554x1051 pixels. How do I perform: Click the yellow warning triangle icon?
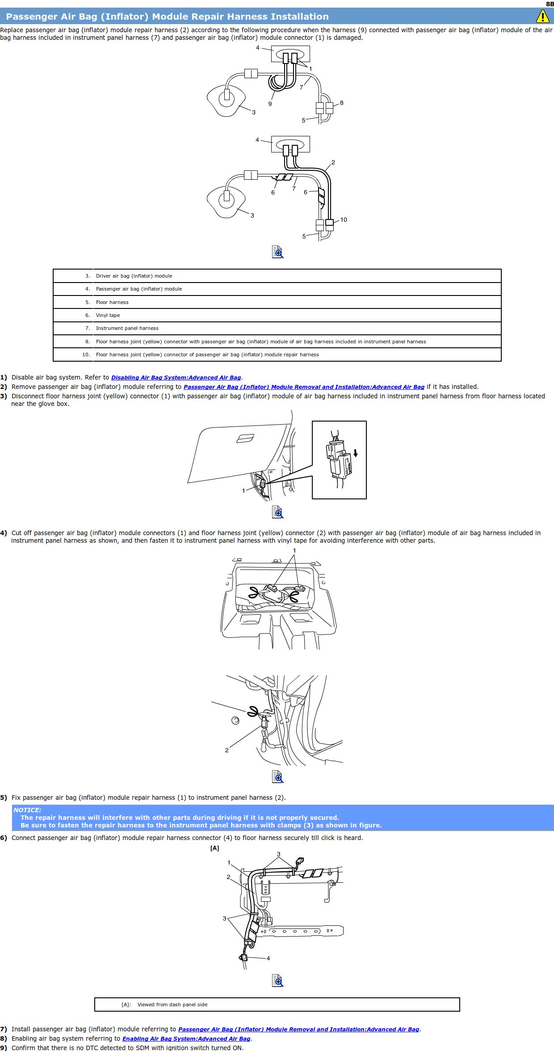point(542,17)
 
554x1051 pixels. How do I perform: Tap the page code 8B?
point(550,4)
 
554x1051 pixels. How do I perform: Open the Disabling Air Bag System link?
point(176,378)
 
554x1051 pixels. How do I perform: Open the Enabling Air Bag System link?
point(186,1038)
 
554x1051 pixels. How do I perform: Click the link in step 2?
point(304,387)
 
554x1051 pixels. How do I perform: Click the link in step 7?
point(298,1029)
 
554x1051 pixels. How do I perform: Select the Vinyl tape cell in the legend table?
point(108,315)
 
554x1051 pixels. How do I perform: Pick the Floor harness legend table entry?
point(112,302)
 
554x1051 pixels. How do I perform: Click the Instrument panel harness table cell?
point(127,328)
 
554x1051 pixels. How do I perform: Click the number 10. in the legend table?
point(86,355)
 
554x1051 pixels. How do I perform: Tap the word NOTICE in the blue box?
point(27,810)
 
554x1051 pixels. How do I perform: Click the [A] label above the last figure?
point(215,848)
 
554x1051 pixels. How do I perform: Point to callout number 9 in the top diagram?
point(270,104)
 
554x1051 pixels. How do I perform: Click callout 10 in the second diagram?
point(344,219)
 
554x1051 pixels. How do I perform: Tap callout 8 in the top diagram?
point(342,103)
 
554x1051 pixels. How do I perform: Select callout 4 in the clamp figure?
point(268,958)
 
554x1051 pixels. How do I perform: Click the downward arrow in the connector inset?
point(356,453)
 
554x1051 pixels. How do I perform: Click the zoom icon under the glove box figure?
point(277,512)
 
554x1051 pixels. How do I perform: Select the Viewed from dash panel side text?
point(172,1005)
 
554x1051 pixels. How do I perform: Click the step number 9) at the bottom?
point(4,1047)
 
